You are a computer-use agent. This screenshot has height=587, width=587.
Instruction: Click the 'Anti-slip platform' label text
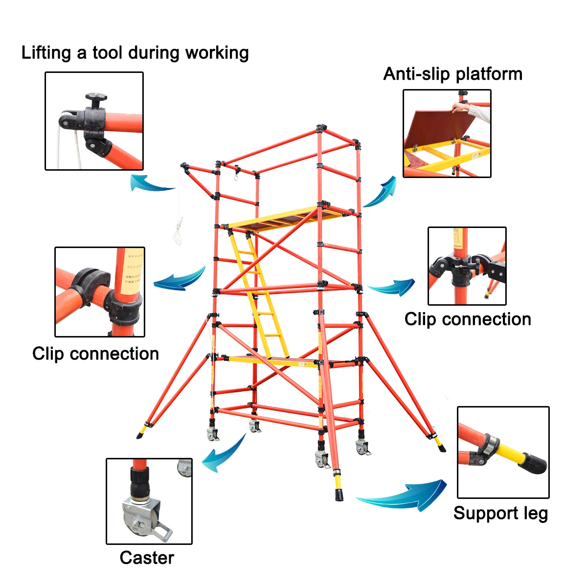pos(452,74)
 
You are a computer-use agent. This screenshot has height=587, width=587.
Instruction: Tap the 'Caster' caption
pos(147,558)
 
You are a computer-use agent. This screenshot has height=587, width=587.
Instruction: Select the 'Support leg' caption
pos(500,513)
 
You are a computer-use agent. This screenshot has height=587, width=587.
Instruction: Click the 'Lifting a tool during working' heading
pos(135,53)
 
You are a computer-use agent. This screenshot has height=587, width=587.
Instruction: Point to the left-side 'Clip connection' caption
pos(95,353)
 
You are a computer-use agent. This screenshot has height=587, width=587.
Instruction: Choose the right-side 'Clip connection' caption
pos(468,319)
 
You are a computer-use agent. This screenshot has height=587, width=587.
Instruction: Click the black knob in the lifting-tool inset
pos(95,100)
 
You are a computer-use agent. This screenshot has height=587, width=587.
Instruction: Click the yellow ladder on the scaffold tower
pos(259,293)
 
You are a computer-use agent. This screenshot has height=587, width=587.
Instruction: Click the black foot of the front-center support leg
pos(339,494)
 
